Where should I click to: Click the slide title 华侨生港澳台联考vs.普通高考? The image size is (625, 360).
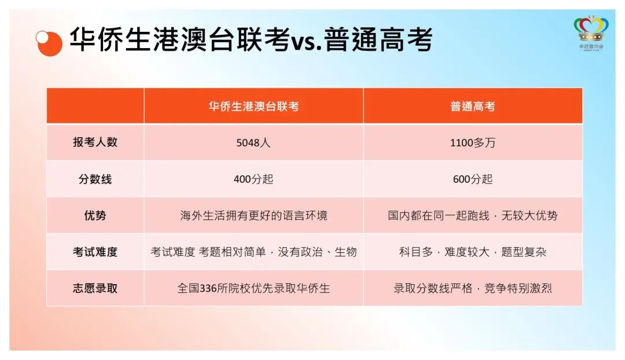[x=251, y=41]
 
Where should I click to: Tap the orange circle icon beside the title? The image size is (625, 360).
[x=49, y=41]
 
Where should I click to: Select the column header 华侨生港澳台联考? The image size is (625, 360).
[x=253, y=106]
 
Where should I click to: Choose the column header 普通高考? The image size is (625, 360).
[x=473, y=106]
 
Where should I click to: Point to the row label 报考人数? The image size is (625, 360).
[x=95, y=142]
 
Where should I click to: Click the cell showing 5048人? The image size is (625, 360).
[x=253, y=143]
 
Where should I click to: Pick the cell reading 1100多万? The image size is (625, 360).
[x=473, y=143]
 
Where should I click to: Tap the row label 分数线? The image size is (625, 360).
[x=95, y=179]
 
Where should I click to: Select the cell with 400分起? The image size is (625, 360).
[x=253, y=179]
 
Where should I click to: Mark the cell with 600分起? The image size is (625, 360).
[x=473, y=179]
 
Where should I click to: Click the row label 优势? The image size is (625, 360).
[x=95, y=215]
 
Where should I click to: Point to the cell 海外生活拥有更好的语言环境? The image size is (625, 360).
[x=253, y=215]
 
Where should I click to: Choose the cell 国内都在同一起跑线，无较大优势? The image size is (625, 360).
[x=473, y=215]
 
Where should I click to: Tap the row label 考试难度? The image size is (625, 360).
[x=95, y=252]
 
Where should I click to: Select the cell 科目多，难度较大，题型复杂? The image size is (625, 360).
[x=473, y=252]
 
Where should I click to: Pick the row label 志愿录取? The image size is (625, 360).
[x=95, y=288]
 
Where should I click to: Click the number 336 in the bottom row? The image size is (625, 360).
[x=208, y=288]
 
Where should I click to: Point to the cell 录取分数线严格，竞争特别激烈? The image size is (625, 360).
[x=473, y=288]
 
